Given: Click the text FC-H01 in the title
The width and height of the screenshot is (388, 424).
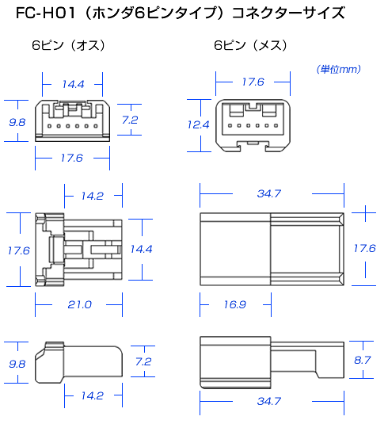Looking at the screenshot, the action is [45, 13].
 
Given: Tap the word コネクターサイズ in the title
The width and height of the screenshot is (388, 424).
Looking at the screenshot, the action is [288, 13].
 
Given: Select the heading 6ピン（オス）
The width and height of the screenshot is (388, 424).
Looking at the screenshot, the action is [69, 45].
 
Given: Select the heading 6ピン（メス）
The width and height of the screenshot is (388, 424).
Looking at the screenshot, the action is [251, 45].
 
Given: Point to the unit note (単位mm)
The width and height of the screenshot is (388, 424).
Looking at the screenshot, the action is [339, 70].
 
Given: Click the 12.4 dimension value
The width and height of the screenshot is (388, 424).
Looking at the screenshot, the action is [199, 124].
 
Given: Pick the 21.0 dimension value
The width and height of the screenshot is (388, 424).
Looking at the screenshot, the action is [80, 305].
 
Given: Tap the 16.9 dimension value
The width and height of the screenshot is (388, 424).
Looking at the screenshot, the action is [235, 305].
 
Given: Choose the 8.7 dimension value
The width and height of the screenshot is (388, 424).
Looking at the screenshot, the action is [363, 360].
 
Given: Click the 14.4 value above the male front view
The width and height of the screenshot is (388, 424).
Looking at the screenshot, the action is [73, 84].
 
